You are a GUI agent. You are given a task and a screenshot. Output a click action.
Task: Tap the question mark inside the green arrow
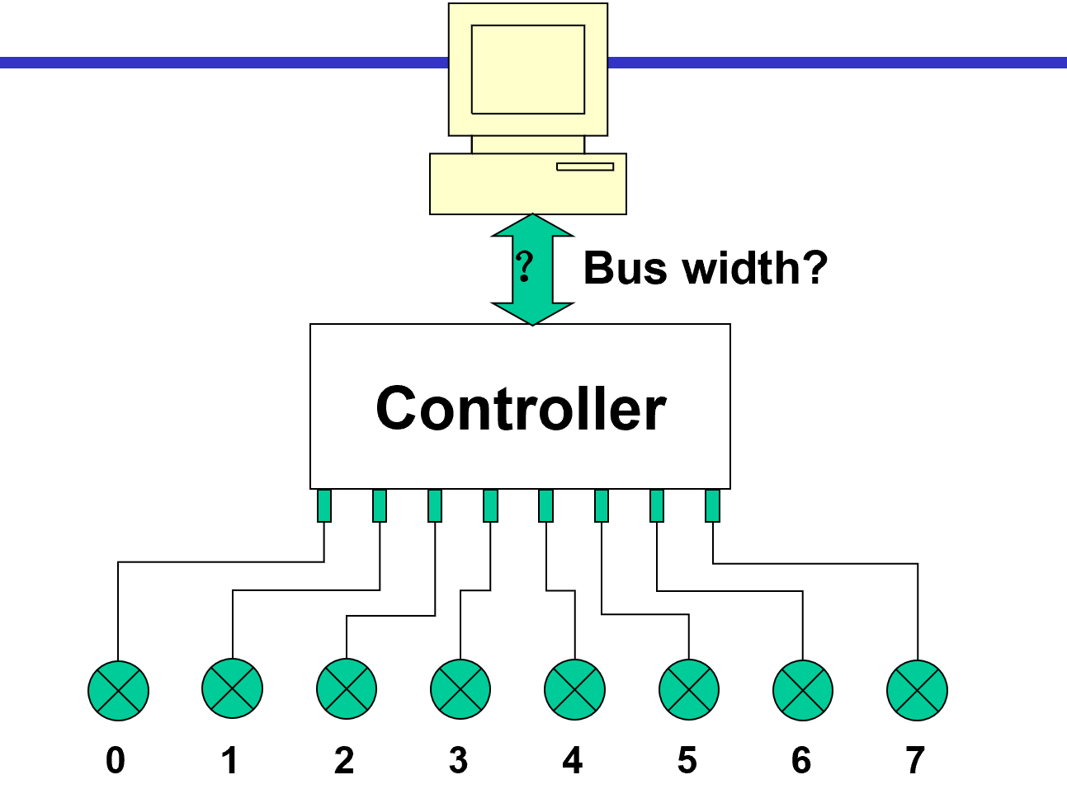(x=525, y=267)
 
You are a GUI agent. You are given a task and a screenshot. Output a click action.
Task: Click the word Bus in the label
(x=626, y=268)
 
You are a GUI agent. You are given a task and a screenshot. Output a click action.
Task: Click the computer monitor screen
(x=528, y=69)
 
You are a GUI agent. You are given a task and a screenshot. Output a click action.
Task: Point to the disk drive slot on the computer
(x=585, y=167)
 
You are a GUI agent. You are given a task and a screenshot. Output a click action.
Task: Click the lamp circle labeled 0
(x=118, y=691)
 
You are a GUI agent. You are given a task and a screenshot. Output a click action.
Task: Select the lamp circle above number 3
(x=460, y=689)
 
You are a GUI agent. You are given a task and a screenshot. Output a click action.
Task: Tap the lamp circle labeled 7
(x=917, y=691)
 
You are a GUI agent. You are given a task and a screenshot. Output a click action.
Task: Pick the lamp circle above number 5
(x=689, y=690)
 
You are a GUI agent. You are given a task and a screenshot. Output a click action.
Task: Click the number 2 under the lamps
(x=344, y=760)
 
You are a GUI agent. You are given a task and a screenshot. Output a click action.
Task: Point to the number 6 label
(x=801, y=760)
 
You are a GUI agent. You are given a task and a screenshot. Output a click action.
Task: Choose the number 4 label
(x=573, y=760)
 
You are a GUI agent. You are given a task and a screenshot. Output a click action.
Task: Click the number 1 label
(x=230, y=760)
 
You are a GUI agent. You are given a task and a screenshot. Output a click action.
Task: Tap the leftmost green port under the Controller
(x=324, y=505)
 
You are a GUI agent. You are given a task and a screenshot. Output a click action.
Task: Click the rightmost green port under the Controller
(x=712, y=505)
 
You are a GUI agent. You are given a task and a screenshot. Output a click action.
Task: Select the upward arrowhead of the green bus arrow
(x=532, y=225)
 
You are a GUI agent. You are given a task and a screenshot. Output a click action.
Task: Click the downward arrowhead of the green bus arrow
(x=532, y=313)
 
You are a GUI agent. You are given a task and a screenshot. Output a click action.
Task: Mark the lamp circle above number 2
(x=347, y=688)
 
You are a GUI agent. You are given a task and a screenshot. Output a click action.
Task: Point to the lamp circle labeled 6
(x=803, y=691)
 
